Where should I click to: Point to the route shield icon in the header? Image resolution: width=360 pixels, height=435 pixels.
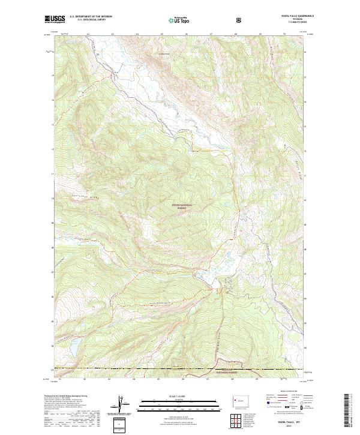coord(239,20)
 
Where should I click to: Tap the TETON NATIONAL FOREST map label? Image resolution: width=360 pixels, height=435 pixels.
coord(184,206)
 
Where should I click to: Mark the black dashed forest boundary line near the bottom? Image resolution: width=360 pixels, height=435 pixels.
coord(150,368)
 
